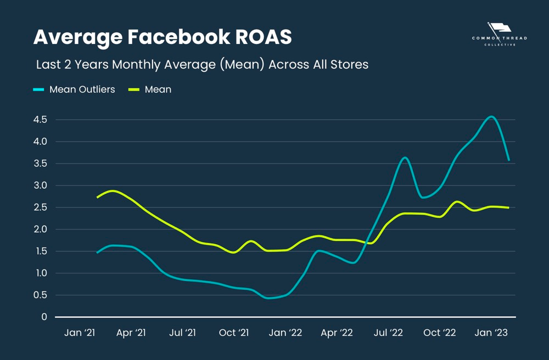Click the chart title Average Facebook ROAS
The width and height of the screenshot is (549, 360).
point(163,37)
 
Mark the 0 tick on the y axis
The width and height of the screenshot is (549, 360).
point(43,317)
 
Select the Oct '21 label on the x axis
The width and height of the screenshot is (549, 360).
point(234,333)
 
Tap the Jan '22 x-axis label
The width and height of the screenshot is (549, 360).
point(285,333)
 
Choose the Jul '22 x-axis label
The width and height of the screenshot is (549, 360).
point(388,333)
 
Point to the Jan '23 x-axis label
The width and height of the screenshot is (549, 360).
point(491,333)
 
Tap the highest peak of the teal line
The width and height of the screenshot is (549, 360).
point(491,116)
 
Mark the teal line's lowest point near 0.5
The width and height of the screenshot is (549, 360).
point(268,298)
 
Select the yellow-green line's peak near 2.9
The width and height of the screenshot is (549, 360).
point(113,191)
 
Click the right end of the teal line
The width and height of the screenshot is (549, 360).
point(509,160)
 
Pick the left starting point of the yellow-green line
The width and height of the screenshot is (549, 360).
point(97,197)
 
